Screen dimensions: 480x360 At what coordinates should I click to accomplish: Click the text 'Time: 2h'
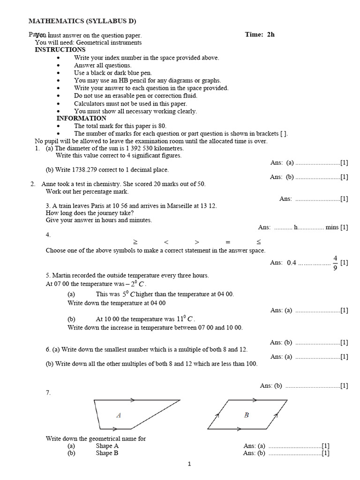(260, 35)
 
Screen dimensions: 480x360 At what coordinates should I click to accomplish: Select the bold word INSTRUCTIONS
(60, 50)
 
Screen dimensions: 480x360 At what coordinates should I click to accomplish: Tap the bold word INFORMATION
(82, 119)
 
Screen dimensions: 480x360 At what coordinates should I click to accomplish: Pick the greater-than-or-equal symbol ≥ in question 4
(135, 242)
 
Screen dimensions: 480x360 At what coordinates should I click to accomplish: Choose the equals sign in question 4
(228, 242)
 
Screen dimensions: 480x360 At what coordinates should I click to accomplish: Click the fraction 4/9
(335, 263)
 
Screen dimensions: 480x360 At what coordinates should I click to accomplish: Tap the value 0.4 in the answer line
(292, 263)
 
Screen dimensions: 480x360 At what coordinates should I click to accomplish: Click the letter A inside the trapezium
(119, 415)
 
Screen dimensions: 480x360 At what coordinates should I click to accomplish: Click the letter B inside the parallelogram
(247, 415)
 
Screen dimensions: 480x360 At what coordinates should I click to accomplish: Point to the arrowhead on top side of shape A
(132, 400)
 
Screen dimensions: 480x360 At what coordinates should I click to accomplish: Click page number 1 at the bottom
(189, 465)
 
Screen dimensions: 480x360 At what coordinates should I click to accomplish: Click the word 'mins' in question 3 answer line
(332, 227)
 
